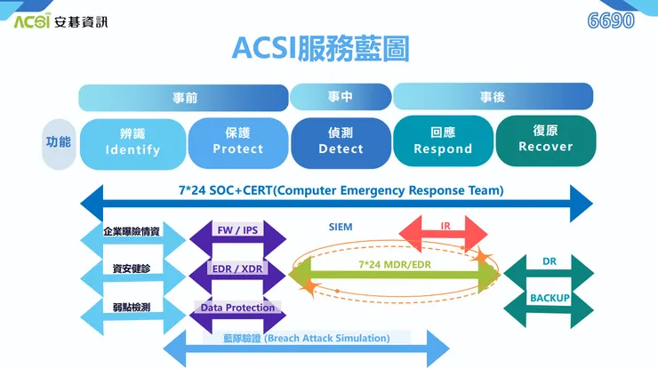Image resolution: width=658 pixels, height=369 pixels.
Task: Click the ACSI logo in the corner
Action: click(x=60, y=20)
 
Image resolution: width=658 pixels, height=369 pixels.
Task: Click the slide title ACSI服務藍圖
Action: click(x=320, y=48)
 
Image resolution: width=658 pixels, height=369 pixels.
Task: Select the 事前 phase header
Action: click(x=184, y=97)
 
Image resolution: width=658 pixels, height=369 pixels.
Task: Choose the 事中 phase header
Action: click(x=341, y=96)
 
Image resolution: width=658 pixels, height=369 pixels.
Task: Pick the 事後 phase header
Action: click(x=493, y=97)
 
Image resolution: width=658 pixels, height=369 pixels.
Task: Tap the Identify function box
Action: click(x=132, y=141)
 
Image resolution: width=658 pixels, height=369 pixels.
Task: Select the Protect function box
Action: click(x=237, y=141)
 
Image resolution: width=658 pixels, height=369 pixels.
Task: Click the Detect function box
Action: click(x=341, y=141)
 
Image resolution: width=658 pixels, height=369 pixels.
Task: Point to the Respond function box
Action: click(x=443, y=141)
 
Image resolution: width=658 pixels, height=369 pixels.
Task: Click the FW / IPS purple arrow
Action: click(x=237, y=231)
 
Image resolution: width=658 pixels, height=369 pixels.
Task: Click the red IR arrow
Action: click(x=445, y=228)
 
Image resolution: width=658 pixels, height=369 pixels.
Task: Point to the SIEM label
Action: click(x=340, y=228)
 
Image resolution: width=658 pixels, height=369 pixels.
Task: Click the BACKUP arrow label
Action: click(x=550, y=298)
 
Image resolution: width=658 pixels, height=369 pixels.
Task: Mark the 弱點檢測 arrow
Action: click(x=132, y=308)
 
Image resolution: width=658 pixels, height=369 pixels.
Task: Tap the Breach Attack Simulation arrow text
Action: click(x=306, y=339)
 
